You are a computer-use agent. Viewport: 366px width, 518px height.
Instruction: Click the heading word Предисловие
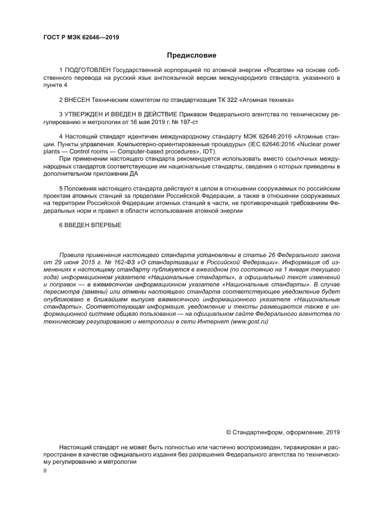[192, 55]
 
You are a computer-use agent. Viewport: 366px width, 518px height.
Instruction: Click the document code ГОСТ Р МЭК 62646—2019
[81, 37]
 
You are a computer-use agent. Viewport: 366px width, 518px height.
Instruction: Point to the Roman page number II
[45, 470]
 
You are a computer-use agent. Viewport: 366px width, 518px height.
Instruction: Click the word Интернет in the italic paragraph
[221, 321]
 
